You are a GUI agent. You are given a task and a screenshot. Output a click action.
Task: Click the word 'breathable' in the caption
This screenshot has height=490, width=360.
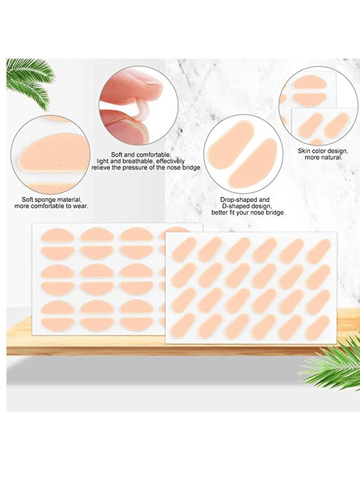pos(136,160)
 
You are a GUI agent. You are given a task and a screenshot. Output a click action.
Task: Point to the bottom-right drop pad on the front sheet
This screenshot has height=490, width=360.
pos(319,327)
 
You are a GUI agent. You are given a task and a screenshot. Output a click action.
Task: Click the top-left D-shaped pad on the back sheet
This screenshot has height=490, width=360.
pos(58,235)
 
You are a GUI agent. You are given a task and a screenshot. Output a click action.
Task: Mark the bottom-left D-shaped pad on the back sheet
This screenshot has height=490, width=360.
pos(58,324)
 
